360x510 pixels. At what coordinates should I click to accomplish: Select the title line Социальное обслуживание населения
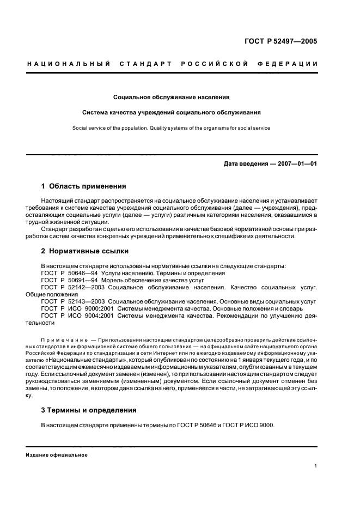[171, 98]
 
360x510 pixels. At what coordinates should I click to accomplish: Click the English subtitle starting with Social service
[171, 129]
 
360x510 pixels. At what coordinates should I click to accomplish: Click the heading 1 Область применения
[83, 186]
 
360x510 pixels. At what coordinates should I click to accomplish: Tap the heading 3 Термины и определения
[88, 410]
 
